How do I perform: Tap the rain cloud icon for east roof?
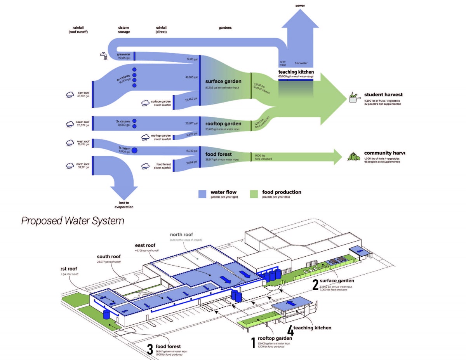point(70,95)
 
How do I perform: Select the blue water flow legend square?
point(202,194)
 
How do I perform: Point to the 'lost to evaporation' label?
point(123,205)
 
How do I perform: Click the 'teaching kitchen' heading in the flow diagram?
point(296,72)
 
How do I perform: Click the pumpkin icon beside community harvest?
point(353,156)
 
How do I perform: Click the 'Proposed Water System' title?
point(73,221)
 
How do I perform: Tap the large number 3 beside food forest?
point(150,349)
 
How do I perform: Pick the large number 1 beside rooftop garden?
point(253,343)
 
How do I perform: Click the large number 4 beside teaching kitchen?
point(290,330)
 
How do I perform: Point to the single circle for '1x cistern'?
point(135,150)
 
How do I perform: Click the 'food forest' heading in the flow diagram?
point(219,154)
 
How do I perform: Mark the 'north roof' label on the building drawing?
point(181,235)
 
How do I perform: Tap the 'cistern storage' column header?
point(124,30)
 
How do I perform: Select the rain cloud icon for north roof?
point(70,166)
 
